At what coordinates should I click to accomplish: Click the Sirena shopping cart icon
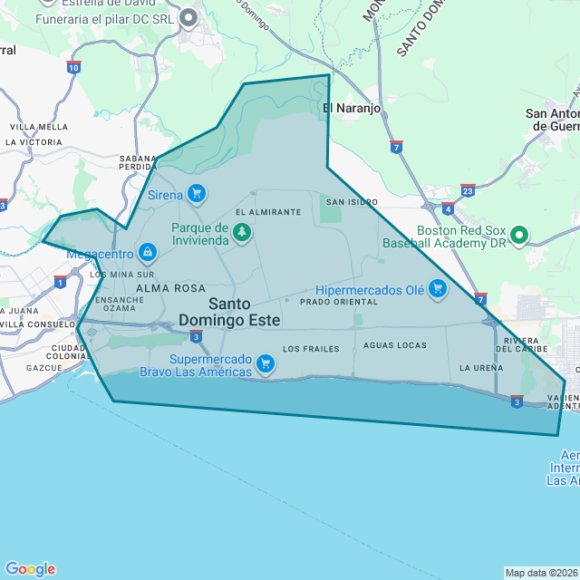[x=197, y=193]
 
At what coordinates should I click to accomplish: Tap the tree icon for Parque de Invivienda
[x=242, y=234]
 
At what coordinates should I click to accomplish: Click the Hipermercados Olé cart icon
[x=438, y=290]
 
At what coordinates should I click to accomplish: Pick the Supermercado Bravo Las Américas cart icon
[x=265, y=364]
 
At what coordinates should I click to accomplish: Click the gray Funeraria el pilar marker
[x=189, y=17]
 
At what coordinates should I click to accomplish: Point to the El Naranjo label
[x=352, y=108]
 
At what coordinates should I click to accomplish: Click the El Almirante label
[x=268, y=212]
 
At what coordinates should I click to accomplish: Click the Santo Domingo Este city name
[x=229, y=312]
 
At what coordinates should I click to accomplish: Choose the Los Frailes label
[x=311, y=349]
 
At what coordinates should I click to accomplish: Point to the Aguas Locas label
[x=394, y=345]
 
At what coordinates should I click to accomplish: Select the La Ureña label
[x=481, y=368]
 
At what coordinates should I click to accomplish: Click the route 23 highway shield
[x=468, y=190]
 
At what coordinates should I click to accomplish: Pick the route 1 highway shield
[x=60, y=282]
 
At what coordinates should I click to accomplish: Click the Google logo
[x=30, y=569]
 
